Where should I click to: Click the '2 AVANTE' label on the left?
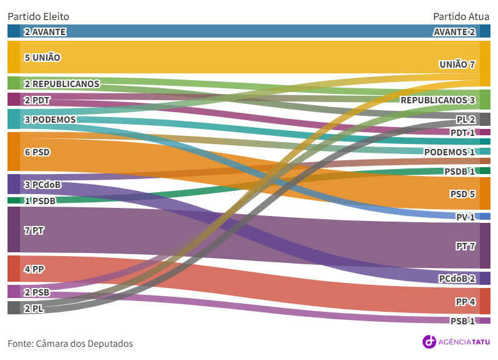(45, 31)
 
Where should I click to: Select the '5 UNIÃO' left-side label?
(43, 58)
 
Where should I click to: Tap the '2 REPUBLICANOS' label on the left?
(62, 83)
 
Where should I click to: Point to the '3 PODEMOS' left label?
(50, 120)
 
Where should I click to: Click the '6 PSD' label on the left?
(37, 152)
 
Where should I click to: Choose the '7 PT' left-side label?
(34, 230)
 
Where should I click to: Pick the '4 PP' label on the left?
(34, 269)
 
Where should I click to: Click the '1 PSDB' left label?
(40, 200)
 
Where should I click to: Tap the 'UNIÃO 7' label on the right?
(457, 64)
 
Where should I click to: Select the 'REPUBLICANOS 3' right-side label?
(437, 100)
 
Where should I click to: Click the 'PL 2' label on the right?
(465, 119)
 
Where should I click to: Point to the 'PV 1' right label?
(465, 217)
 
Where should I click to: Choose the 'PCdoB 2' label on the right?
(457, 279)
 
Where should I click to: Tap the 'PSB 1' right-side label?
(463, 321)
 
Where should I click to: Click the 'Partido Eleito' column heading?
(38, 16)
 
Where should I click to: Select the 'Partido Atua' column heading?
(462, 16)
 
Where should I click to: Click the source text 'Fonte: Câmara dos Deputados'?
(70, 344)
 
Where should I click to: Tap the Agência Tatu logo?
(456, 341)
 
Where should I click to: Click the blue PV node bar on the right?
(485, 217)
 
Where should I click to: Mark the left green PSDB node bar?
(14, 200)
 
